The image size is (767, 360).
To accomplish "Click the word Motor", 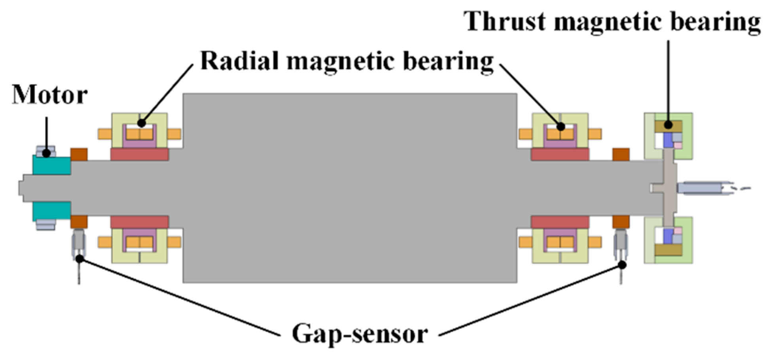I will coord(49,95).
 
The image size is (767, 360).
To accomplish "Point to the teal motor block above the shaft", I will coord(51,165).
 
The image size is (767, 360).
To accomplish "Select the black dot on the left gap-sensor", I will coord(80,259).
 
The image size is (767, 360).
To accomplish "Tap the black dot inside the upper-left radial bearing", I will coord(141,123).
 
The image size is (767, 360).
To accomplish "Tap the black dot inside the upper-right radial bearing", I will coord(561,127).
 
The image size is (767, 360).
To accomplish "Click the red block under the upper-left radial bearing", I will coord(140,154).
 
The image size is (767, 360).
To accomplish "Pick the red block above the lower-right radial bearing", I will coord(560,222).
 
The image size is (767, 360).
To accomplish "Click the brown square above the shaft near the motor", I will coord(79,154).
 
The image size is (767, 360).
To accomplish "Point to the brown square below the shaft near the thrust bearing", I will coord(621,222).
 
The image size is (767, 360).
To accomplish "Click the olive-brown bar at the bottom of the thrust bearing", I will coord(668,250).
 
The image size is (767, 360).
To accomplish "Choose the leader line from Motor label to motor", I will coord(47,133).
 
